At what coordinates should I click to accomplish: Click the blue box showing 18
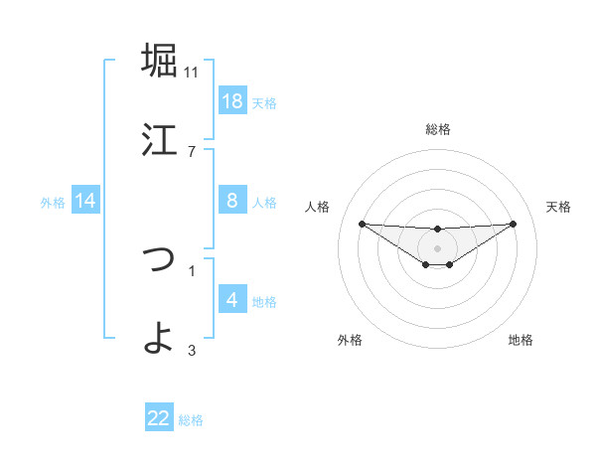232,101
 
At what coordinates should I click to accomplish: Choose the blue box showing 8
232,201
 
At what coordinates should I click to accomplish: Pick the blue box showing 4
232,300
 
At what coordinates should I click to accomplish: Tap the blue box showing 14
85,201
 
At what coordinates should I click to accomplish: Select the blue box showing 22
159,418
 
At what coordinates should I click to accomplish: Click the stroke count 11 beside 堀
192,72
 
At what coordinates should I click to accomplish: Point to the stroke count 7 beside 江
192,151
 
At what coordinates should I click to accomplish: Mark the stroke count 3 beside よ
192,350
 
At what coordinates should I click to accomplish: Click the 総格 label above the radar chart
438,129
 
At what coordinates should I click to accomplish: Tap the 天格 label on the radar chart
559,207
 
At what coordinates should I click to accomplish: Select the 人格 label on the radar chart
318,207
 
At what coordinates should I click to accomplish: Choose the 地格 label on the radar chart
521,340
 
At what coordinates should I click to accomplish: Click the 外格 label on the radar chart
350,340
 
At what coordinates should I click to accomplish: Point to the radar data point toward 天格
514,224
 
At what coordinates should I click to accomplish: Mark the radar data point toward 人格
362,224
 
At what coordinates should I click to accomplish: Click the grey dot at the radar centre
438,247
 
